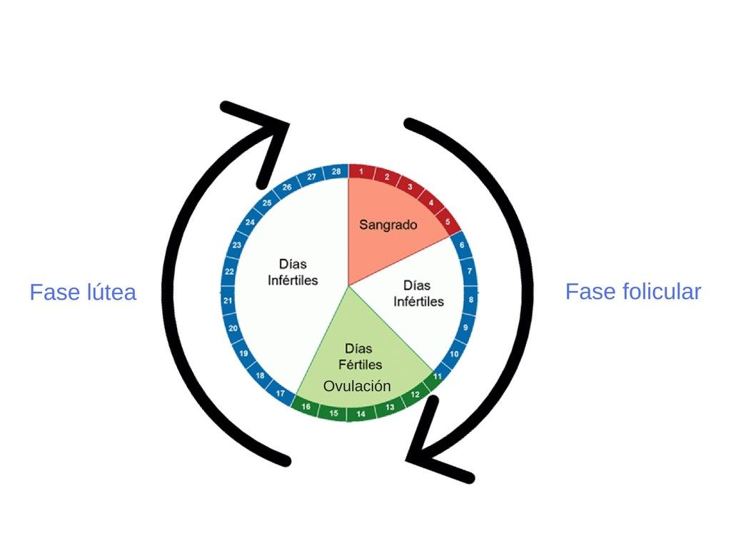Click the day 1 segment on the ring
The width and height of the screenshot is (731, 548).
pos(362,171)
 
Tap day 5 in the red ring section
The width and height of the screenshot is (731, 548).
pos(448,221)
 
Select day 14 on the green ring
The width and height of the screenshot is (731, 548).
pos(361,414)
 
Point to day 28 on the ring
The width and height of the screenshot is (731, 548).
pos(336,171)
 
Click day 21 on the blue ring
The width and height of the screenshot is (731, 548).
pos(228,301)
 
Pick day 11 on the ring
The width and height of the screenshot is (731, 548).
pos(438,375)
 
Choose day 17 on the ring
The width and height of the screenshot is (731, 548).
pos(281,393)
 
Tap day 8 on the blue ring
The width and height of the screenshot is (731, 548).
pos(470,300)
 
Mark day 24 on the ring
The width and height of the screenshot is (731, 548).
pos(250,222)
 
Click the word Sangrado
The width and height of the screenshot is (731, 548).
pos(388,225)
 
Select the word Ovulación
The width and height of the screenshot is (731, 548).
pos(357,386)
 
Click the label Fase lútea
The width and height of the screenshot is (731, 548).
pos(83,293)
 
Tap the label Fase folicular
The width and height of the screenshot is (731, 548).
pos(633,292)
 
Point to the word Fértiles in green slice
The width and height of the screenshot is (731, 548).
pos(361,365)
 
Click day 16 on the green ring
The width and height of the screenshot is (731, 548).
pos(306,407)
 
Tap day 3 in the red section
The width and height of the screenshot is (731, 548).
pos(410,187)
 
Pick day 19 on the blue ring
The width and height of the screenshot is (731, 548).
pos(243,353)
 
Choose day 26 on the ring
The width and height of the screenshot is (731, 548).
pos(287,188)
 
